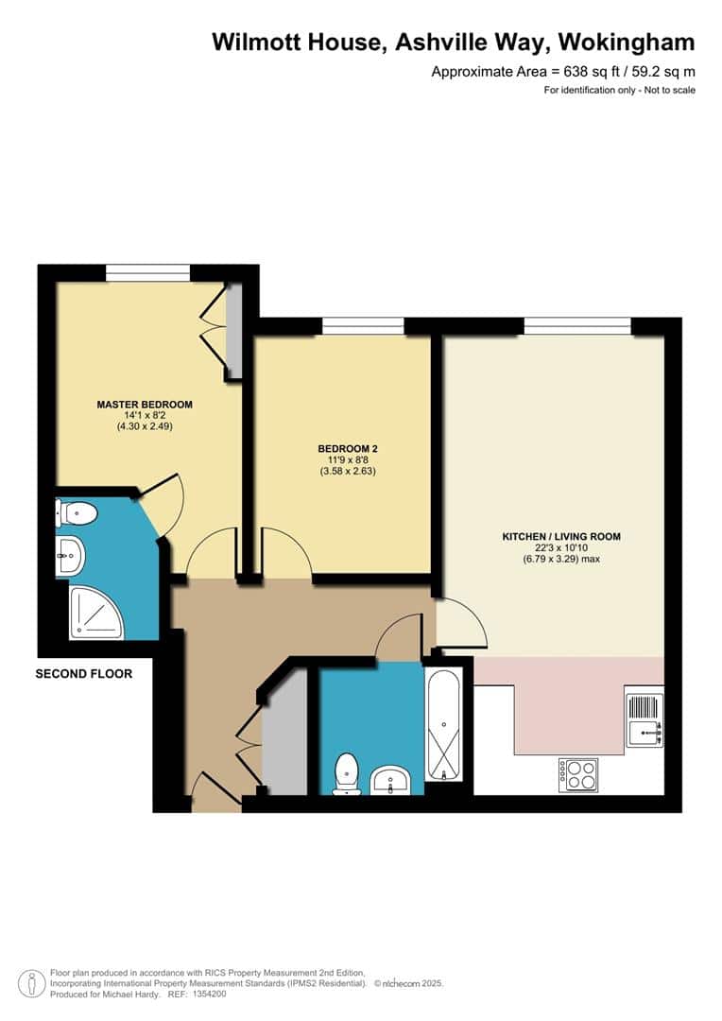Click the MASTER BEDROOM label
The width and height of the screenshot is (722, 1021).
[145, 405]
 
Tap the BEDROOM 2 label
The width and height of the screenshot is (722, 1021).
[348, 449]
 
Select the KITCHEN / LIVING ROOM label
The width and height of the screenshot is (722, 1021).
[561, 537]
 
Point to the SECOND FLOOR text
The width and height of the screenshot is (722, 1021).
[84, 674]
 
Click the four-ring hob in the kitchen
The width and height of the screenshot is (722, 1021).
[578, 775]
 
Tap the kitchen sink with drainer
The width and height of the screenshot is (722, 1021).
[645, 720]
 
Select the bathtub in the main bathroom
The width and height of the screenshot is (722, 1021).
[444, 723]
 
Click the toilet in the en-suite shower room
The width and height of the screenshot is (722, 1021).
[77, 512]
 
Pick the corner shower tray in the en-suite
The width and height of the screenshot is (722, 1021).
[95, 612]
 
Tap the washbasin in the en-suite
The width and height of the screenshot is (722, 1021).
[70, 556]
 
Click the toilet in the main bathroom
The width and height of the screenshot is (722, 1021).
[346, 773]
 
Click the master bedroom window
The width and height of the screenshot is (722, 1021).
[147, 273]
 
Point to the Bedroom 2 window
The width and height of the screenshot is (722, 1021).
[363, 326]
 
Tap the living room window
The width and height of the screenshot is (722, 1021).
[577, 326]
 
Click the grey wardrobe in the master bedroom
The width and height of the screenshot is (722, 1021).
[233, 331]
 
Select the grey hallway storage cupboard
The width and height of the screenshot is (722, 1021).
[284, 732]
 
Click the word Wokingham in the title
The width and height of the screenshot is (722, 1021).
[627, 43]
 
